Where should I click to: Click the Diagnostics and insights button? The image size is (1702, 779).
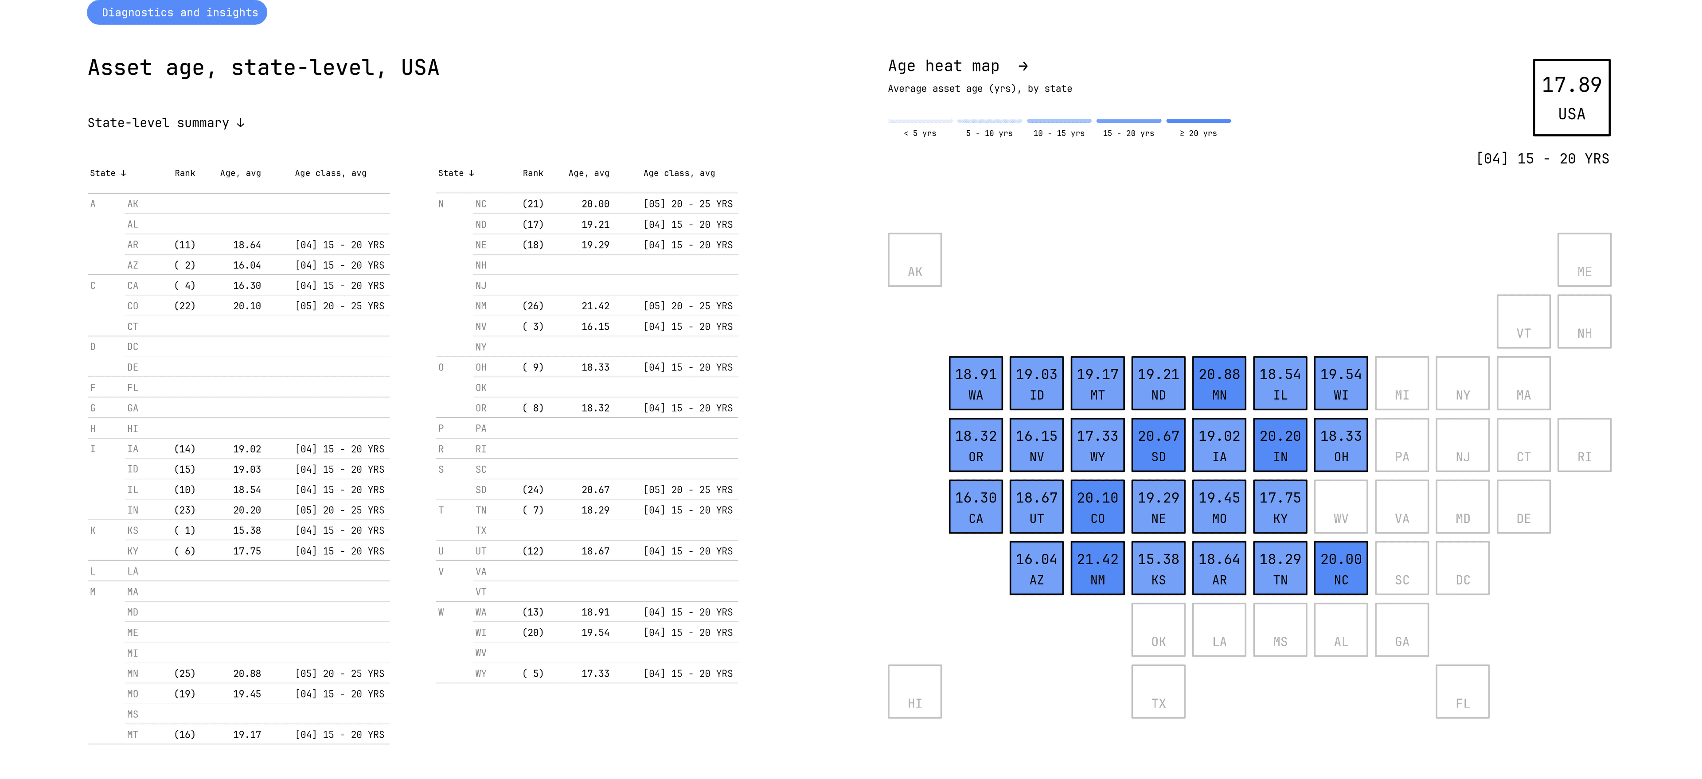[177, 12]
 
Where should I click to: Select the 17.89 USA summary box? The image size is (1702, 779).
[1571, 98]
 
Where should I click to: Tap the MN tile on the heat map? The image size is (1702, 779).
[1219, 383]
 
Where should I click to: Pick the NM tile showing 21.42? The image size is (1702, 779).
[1097, 568]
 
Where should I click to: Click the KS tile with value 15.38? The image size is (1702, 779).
[1158, 568]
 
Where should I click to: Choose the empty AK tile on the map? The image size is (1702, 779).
[915, 260]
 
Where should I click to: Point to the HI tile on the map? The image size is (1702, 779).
[915, 692]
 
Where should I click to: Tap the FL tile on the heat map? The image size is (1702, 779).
[1462, 692]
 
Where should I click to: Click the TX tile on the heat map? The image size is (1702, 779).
[1158, 692]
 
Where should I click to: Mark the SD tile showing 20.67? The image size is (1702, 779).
[1158, 445]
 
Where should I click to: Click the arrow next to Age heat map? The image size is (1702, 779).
[1023, 66]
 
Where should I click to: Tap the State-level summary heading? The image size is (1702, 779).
[166, 123]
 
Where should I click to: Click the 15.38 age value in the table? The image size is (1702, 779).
[246, 530]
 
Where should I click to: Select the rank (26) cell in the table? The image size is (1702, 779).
[532, 306]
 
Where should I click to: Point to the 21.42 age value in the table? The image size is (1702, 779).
[595, 306]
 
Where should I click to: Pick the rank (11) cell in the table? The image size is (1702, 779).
[184, 245]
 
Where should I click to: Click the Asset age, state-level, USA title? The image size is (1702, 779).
[263, 67]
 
